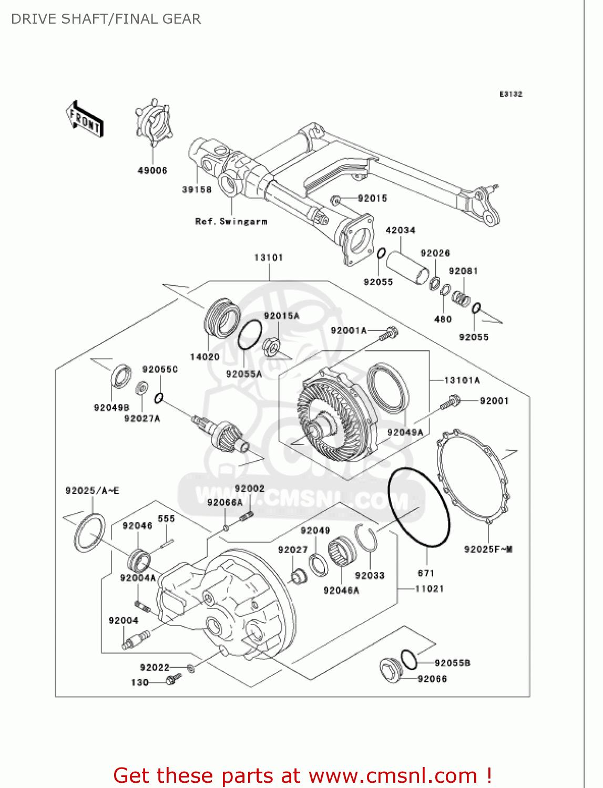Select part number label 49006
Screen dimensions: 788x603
(152, 171)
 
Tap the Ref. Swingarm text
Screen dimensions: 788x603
(231, 222)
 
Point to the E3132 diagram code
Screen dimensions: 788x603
(510, 94)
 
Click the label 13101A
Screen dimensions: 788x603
(462, 380)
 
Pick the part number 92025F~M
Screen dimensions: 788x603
(488, 549)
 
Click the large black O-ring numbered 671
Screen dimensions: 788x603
(418, 507)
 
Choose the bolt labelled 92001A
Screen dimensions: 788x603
(390, 333)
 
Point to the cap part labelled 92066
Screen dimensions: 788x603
(391, 670)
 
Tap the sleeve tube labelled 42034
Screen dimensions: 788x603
(408, 267)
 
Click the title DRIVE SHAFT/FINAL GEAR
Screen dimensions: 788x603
(106, 19)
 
